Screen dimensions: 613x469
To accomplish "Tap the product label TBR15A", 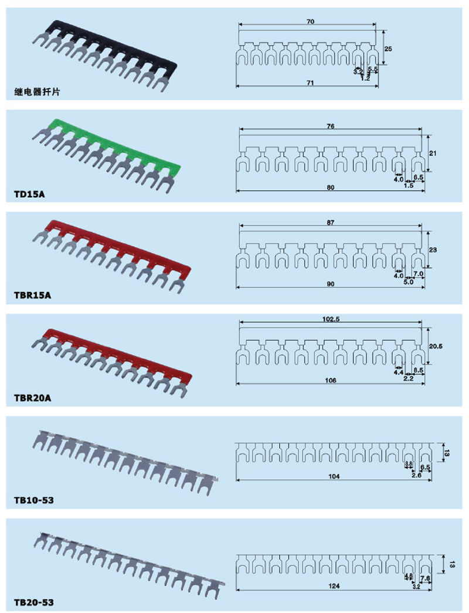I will [x=33, y=295].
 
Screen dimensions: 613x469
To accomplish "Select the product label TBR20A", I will [x=33, y=398].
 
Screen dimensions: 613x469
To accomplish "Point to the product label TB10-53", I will [x=34, y=500].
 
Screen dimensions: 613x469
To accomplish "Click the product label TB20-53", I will [x=34, y=602].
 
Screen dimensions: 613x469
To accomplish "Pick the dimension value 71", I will [x=310, y=83].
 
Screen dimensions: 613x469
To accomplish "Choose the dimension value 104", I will [x=334, y=476].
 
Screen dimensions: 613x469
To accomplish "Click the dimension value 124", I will [x=334, y=585].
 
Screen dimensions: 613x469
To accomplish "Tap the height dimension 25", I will [x=389, y=48].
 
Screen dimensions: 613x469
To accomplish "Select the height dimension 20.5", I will [x=436, y=346].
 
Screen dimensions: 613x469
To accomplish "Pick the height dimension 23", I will [x=434, y=250].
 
